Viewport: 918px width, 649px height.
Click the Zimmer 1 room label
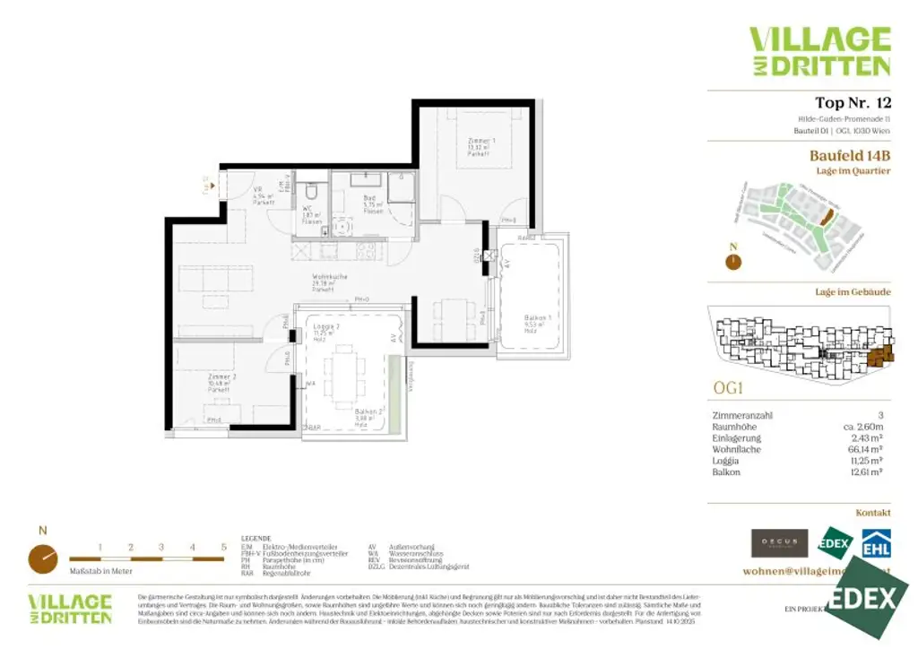[481, 142]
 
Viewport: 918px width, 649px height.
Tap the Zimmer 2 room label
[221, 377]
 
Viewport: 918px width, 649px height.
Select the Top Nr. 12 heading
[852, 102]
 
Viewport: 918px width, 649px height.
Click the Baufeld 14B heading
[849, 155]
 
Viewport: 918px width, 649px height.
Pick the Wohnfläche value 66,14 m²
[870, 450]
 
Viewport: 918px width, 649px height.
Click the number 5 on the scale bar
[223, 546]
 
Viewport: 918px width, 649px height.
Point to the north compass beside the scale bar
[43, 558]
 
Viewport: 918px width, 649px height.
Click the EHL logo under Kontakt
[876, 544]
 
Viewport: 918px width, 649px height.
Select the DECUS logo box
[779, 543]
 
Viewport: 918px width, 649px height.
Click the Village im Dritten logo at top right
[819, 51]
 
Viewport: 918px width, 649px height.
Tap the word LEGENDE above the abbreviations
[256, 539]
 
